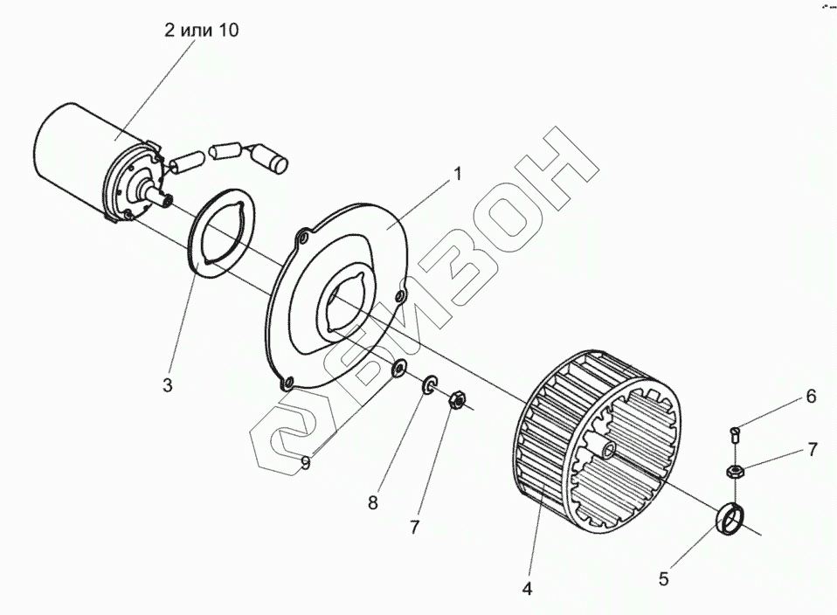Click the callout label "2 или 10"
tap(200, 31)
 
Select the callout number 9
tap(305, 463)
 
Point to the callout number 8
tap(373, 502)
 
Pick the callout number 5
tap(664, 577)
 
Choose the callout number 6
tap(811, 397)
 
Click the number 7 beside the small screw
tap(812, 450)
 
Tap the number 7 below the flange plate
tap(414, 527)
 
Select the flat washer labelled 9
tap(399, 365)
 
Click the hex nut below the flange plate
tap(456, 401)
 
